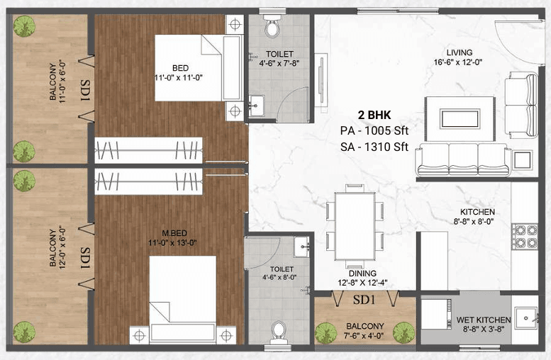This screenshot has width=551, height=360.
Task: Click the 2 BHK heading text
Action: (374, 114)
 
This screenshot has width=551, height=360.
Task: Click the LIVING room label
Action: (459, 53)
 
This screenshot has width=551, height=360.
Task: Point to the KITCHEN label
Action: (477, 212)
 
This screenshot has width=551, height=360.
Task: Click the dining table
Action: (352, 223)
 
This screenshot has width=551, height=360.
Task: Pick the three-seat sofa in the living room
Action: (462, 159)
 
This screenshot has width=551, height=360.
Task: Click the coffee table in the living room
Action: (459, 118)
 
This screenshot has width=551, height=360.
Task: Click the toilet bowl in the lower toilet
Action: (279, 332)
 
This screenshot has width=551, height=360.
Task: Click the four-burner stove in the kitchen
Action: (525, 237)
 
